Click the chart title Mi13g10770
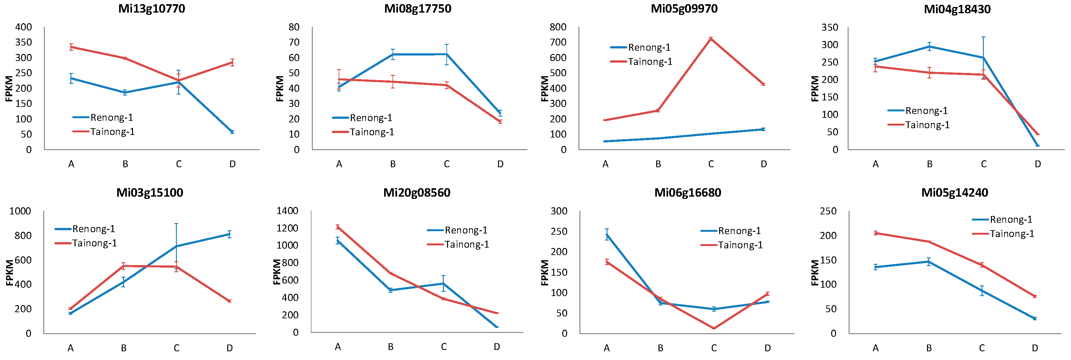click(x=151, y=9)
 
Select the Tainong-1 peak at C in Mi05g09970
click(x=711, y=38)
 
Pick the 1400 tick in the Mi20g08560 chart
click(x=287, y=211)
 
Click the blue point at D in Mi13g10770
click(x=232, y=132)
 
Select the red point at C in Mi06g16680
click(x=714, y=328)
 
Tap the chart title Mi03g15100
click(x=150, y=192)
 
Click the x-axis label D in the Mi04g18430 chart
click(x=1038, y=164)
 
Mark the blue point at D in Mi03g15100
click(x=229, y=234)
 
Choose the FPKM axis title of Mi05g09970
click(x=545, y=88)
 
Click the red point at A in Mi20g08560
click(x=338, y=227)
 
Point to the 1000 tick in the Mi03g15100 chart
click(x=20, y=211)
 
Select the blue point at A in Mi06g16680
click(x=607, y=234)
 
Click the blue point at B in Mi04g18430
click(x=929, y=46)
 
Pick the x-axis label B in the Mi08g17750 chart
click(x=393, y=164)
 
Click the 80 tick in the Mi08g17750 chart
click(x=294, y=27)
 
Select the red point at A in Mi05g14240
click(x=876, y=233)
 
